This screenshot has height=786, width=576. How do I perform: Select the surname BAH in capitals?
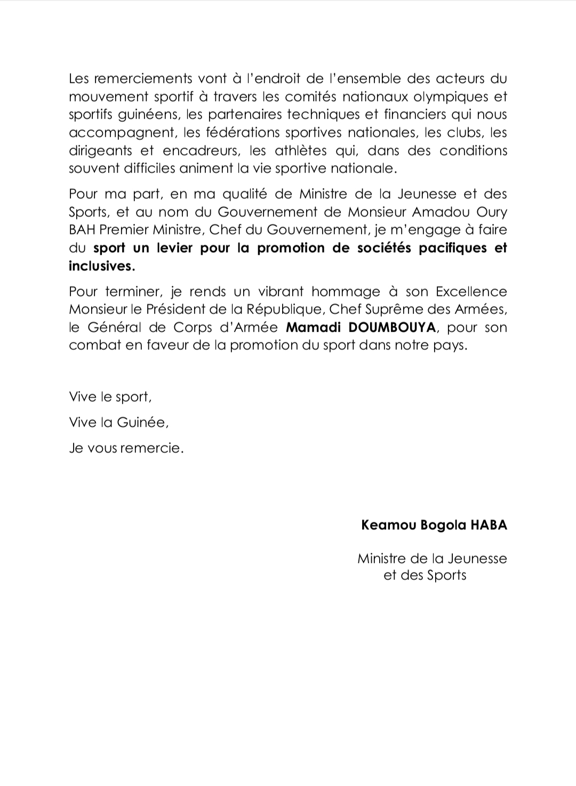82,230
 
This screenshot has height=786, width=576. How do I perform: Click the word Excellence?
471,292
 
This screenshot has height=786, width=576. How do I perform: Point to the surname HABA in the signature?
489,525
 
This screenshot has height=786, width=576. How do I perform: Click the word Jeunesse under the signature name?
477,559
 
